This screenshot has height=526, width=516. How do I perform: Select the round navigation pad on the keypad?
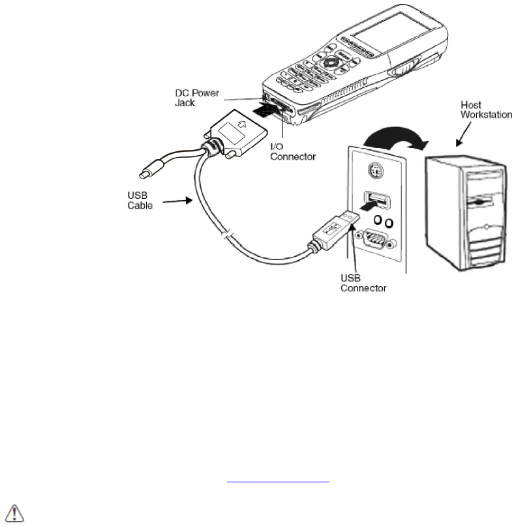coord(333,65)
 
